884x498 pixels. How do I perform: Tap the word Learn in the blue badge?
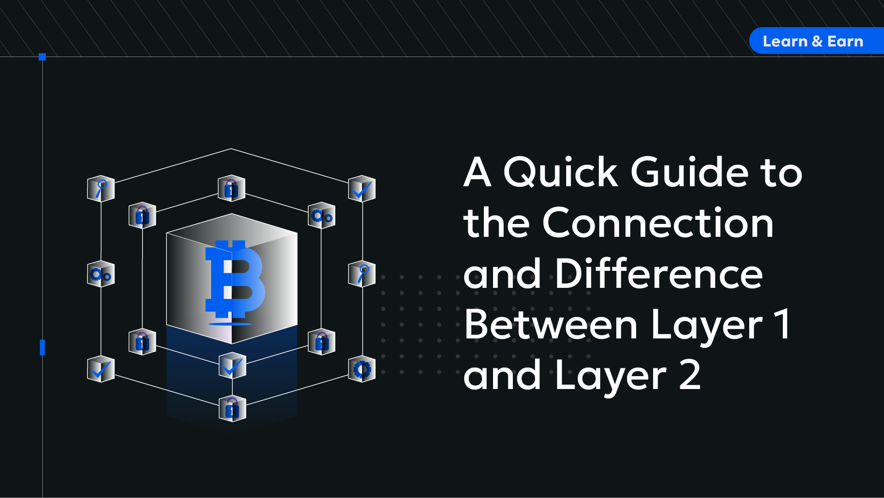click(x=785, y=41)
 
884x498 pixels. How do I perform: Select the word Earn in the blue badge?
click(x=845, y=41)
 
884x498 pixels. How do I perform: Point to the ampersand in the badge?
click(x=817, y=41)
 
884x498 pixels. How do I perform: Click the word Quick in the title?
click(x=560, y=172)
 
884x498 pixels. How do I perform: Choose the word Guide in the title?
click(x=689, y=172)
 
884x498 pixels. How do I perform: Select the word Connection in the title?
click(x=658, y=223)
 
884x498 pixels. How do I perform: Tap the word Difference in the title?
click(x=659, y=274)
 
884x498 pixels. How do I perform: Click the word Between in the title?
click(x=551, y=325)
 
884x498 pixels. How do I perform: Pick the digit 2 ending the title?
click(x=689, y=376)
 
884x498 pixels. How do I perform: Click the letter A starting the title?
click(x=477, y=172)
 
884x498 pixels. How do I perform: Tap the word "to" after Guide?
click(x=781, y=173)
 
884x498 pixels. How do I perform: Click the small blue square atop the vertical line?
click(x=42, y=57)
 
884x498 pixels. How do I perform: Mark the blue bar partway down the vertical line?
click(x=42, y=347)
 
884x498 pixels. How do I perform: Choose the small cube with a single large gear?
click(x=362, y=369)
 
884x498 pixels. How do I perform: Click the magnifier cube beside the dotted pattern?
click(x=362, y=274)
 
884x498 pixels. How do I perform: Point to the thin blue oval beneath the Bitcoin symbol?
click(x=230, y=324)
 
